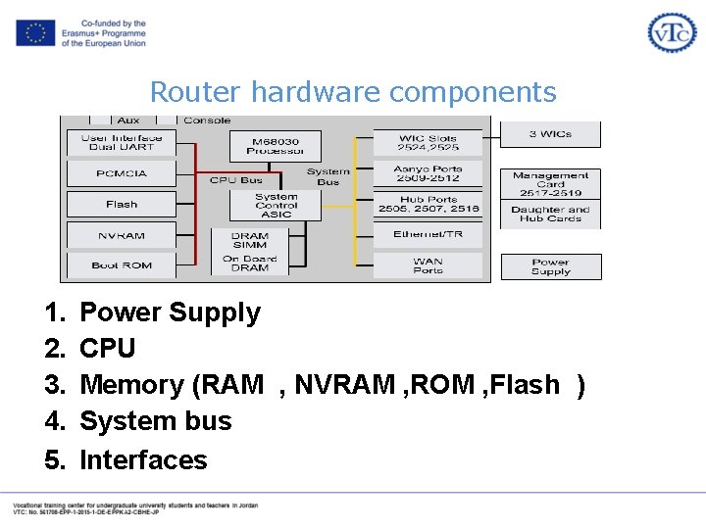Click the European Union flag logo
(34, 33)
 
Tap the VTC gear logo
(672, 32)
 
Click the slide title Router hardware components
(353, 92)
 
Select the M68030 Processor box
(275, 146)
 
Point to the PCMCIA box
(122, 173)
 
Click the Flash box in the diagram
(122, 204)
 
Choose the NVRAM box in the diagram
(122, 235)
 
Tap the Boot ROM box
(122, 264)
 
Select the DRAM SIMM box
(250, 240)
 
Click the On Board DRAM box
(250, 264)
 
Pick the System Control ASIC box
(276, 205)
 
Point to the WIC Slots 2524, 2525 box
(429, 143)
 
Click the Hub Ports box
(429, 204)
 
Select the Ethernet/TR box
(429, 235)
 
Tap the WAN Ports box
(429, 265)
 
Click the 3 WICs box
(550, 134)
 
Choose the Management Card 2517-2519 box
(550, 183)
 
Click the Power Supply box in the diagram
(550, 266)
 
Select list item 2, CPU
(107, 349)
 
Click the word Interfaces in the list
(143, 459)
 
